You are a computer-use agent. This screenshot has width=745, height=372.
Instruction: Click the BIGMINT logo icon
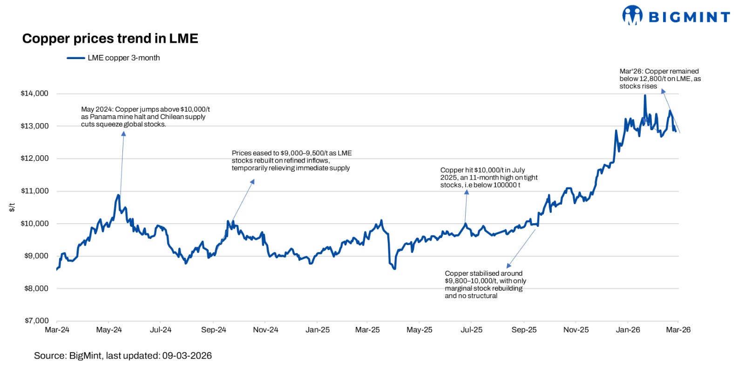pyautogui.click(x=632, y=15)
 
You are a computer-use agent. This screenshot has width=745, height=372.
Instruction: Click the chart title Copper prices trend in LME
pyautogui.click(x=110, y=39)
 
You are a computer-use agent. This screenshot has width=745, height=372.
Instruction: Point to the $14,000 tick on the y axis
pyautogui.click(x=34, y=93)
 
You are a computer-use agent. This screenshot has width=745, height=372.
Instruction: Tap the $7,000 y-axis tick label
pyautogui.click(x=36, y=321)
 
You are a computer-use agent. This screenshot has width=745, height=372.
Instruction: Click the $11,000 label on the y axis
pyautogui.click(x=34, y=191)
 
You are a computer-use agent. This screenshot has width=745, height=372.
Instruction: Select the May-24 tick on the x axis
pyautogui.click(x=108, y=330)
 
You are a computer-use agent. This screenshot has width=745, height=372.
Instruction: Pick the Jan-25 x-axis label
pyautogui.click(x=317, y=330)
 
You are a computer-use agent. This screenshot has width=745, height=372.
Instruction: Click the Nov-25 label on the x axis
pyautogui.click(x=576, y=330)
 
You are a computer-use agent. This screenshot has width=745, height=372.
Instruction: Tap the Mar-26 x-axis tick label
pyautogui.click(x=678, y=330)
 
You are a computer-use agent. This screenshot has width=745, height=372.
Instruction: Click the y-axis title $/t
pyautogui.click(x=12, y=207)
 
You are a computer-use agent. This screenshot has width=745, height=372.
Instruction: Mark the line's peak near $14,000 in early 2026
pyautogui.click(x=645, y=95)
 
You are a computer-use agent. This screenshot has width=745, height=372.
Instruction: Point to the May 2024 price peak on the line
pyautogui.click(x=119, y=195)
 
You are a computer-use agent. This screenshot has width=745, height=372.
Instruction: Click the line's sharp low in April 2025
pyautogui.click(x=394, y=268)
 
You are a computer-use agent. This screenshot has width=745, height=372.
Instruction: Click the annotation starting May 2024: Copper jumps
pyautogui.click(x=145, y=117)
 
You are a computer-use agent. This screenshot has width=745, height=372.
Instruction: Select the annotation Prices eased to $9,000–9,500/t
pyautogui.click(x=291, y=160)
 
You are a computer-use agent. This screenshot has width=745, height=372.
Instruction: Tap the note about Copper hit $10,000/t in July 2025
pyautogui.click(x=488, y=178)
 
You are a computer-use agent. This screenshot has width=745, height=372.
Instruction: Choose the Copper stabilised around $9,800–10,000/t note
pyautogui.click(x=485, y=285)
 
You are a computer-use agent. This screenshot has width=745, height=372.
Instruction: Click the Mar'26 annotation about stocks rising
pyautogui.click(x=659, y=79)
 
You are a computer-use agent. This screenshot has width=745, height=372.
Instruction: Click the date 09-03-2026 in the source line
pyautogui.click(x=187, y=356)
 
